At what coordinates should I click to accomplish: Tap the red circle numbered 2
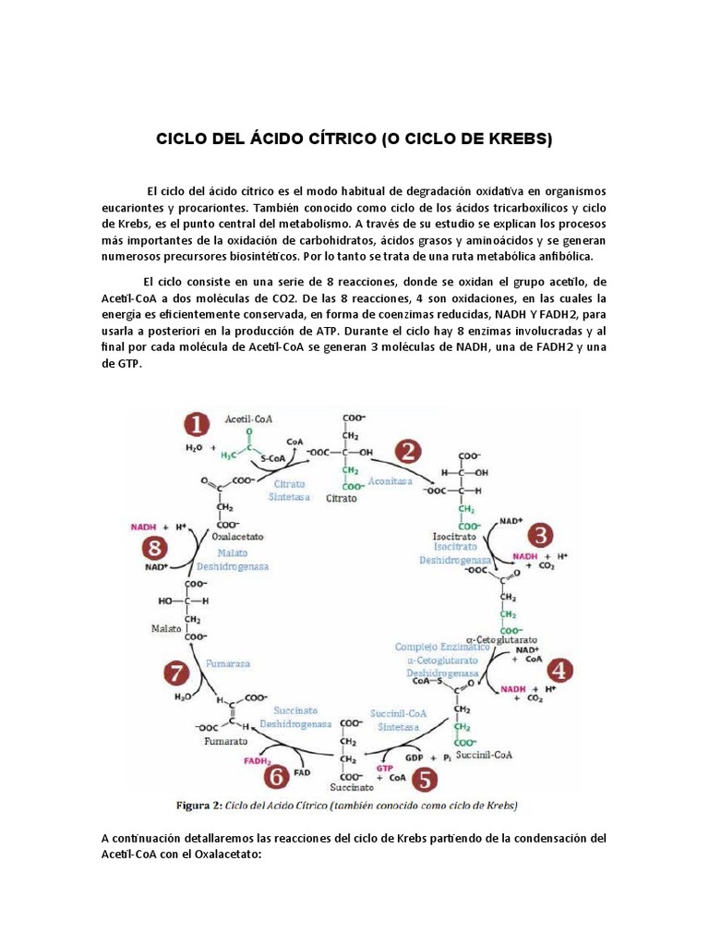408,453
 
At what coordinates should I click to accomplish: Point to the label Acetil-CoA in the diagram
248,418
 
